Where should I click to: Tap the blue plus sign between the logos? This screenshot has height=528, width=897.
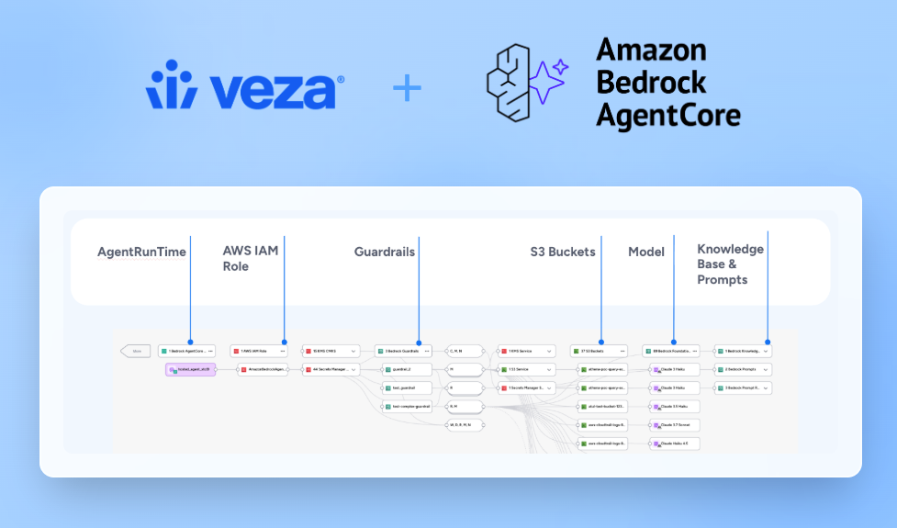click(407, 88)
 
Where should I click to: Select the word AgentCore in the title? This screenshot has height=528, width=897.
click(667, 114)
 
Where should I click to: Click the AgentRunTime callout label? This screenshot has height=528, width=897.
click(141, 252)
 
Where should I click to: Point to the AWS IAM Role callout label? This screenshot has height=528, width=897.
click(250, 258)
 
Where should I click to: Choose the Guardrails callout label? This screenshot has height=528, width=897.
click(385, 252)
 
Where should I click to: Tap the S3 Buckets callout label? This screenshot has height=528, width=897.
click(563, 252)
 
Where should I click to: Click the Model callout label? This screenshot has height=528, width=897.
click(646, 252)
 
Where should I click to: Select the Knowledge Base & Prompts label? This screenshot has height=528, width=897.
click(731, 264)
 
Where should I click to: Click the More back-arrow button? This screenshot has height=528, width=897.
click(136, 351)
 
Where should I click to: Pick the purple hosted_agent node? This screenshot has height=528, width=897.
click(190, 369)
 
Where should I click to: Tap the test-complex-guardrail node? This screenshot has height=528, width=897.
click(405, 406)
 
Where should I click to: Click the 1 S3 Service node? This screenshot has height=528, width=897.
click(526, 369)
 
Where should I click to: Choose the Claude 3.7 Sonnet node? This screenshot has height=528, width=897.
click(675, 425)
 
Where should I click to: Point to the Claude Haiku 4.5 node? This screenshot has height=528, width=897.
click(675, 444)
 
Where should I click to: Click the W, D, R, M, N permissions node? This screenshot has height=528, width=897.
click(465, 425)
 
